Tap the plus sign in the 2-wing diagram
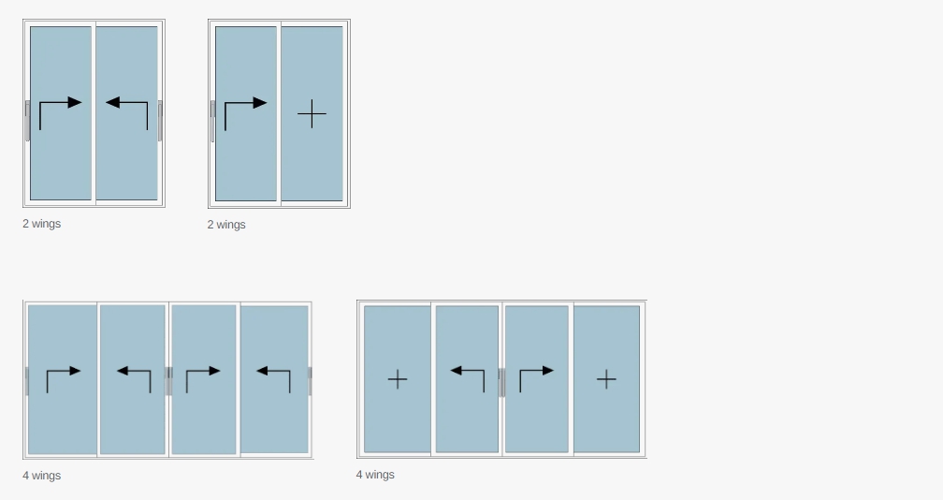(312, 113)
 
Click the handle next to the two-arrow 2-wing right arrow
(28, 121)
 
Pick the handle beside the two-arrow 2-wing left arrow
(160, 121)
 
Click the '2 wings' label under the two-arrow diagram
(41, 224)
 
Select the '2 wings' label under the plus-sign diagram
(226, 225)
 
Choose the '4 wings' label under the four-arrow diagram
(41, 476)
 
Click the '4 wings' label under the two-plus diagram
(375, 475)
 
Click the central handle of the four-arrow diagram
(169, 381)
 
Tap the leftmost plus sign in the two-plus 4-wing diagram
(398, 379)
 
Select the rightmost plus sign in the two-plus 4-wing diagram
(606, 379)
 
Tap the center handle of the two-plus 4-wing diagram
(501, 382)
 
